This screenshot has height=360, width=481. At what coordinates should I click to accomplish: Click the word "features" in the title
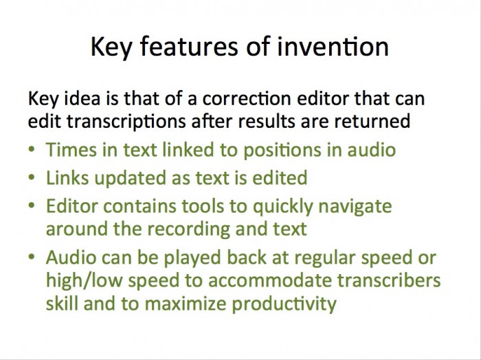point(189,46)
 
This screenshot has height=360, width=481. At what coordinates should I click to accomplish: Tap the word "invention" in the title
point(333,46)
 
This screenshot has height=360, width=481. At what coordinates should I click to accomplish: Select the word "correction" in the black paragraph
point(247,99)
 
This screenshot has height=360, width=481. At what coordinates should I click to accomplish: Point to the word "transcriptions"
point(126,122)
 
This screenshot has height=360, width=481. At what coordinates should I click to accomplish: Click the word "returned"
point(372,121)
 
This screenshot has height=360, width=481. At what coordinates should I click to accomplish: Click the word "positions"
point(282,150)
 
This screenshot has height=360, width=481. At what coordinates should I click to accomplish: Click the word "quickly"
point(282,207)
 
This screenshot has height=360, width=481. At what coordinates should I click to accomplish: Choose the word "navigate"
point(355,207)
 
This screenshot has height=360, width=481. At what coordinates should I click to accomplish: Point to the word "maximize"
point(186,304)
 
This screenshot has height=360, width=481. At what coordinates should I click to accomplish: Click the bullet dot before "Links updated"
point(32,178)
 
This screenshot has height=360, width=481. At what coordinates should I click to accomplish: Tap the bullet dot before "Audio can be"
point(32,257)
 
